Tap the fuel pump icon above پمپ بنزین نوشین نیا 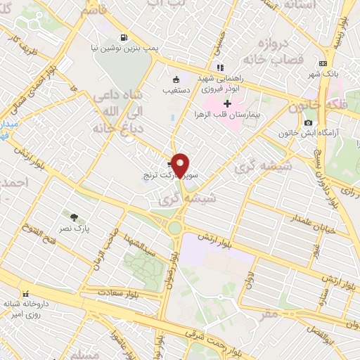(x=124, y=37)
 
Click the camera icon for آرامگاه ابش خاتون (x=308, y=123)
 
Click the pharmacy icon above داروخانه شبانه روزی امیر (x=26, y=294)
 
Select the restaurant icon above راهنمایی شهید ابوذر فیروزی (x=220, y=68)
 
